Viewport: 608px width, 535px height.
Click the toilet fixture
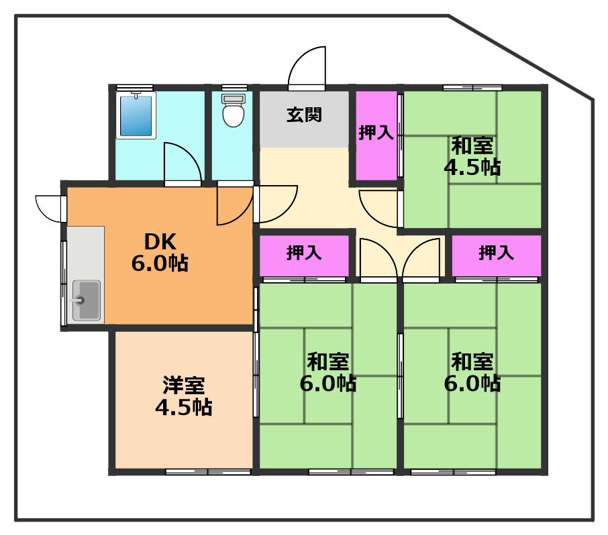(x=233, y=112)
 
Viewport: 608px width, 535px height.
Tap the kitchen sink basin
(x=87, y=300)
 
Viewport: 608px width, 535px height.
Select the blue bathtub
(x=136, y=115)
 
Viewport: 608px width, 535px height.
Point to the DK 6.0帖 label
(x=159, y=252)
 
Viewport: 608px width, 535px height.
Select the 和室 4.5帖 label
(x=472, y=156)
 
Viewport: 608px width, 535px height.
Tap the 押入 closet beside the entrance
(x=375, y=133)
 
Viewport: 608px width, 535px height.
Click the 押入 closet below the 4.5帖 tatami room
(x=496, y=253)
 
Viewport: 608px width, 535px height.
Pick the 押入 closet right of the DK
(x=304, y=253)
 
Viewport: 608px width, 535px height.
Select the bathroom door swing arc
(x=183, y=162)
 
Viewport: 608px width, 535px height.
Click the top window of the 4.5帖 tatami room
(x=472, y=87)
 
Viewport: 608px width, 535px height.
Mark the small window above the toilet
(x=234, y=87)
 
